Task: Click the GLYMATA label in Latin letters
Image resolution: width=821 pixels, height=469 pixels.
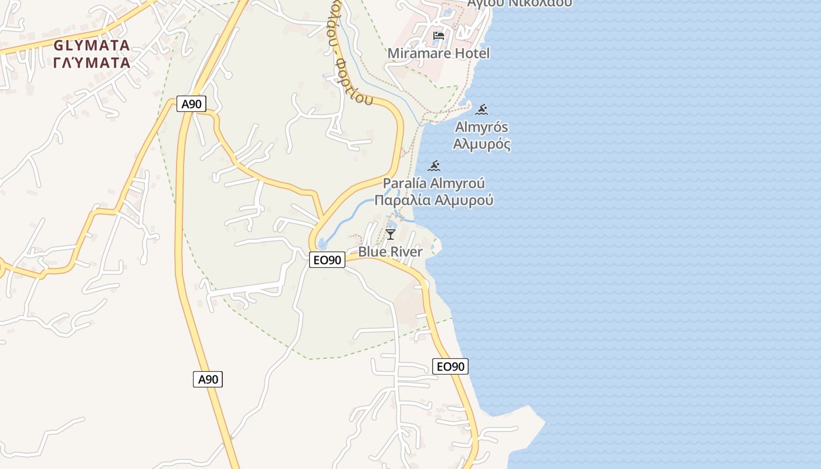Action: [91, 46]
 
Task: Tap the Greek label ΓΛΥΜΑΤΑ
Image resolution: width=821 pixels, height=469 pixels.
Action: [91, 62]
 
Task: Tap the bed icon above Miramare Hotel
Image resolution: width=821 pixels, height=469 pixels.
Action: [439, 36]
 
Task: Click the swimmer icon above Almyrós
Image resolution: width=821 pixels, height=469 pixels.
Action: [481, 110]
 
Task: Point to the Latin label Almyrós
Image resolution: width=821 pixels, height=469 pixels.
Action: [481, 127]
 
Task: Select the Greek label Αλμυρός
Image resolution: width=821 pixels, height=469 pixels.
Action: [481, 144]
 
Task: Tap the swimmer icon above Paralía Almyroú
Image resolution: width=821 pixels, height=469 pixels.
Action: [434, 166]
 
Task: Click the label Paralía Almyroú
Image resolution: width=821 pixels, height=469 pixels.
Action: [434, 183]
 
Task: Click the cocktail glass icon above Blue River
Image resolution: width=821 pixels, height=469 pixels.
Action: [391, 235]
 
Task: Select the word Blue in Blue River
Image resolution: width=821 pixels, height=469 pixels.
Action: [372, 252]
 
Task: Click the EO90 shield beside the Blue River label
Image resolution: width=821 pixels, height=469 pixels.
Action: [327, 260]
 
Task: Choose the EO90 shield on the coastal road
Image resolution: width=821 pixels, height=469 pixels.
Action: [450, 366]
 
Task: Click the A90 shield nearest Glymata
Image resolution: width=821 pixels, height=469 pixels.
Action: [191, 104]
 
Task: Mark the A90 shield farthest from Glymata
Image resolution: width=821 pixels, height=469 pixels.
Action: [208, 379]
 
